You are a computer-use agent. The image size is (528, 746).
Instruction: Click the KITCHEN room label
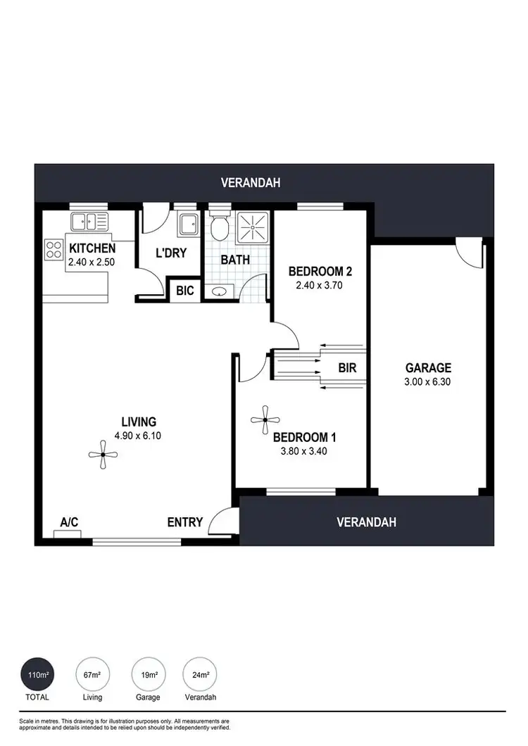point(92,248)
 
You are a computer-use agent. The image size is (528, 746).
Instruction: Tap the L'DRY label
point(171,252)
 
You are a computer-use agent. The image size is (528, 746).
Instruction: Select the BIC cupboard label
point(185,290)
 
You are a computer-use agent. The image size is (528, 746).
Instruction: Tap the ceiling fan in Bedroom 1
point(265,420)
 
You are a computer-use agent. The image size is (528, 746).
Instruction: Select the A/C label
point(69,522)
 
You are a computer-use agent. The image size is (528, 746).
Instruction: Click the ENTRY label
point(185,522)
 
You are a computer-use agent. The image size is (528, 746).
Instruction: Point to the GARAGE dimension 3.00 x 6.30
point(428,382)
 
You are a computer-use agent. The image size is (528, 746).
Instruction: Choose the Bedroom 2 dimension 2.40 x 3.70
point(320,286)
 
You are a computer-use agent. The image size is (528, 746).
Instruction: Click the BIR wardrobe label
point(347,367)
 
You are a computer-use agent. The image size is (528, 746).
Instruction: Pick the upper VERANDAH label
point(251,183)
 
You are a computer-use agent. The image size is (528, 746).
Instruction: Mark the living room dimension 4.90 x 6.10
point(138,436)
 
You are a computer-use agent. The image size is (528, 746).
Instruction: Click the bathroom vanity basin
point(219,291)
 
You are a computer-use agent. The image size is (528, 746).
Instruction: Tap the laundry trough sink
point(188,224)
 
